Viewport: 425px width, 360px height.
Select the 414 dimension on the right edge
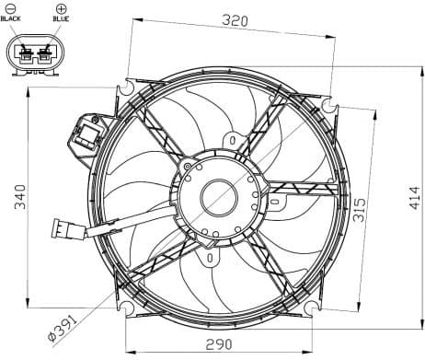pos(413,195)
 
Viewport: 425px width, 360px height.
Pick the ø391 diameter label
pos(65,327)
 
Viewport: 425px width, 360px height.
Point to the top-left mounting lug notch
pos(122,91)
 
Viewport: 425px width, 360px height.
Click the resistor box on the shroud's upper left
pos(88,136)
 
